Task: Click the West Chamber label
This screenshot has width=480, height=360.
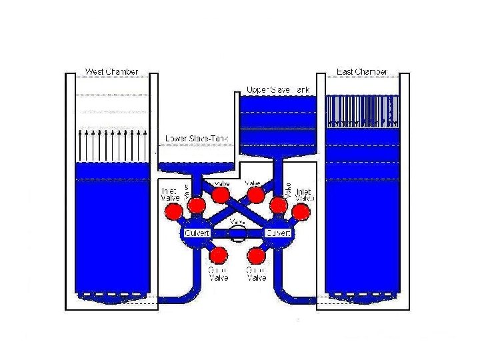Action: pos(111,71)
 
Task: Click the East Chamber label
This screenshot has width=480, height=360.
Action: pos(362,71)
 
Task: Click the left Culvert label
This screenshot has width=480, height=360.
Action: pos(197,233)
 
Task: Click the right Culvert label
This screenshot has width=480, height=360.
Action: pos(277,233)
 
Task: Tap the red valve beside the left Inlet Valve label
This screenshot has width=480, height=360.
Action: pos(174,212)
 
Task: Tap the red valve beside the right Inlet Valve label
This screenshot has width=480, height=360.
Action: pos(301,212)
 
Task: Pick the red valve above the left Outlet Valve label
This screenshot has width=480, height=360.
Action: pos(217,255)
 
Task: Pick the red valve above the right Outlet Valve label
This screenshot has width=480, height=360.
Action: pos(257,255)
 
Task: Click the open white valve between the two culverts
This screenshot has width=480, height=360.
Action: pos(237,233)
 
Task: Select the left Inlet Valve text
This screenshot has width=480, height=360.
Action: pos(169,195)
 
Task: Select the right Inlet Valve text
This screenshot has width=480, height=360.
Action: pos(305,195)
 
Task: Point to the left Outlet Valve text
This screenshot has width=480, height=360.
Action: pos(218,273)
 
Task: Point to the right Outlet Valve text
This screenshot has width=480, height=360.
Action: pos(257,273)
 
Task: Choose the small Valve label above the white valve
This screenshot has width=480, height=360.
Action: pos(237,221)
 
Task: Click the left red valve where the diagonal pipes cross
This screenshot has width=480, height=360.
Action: pos(220,194)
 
